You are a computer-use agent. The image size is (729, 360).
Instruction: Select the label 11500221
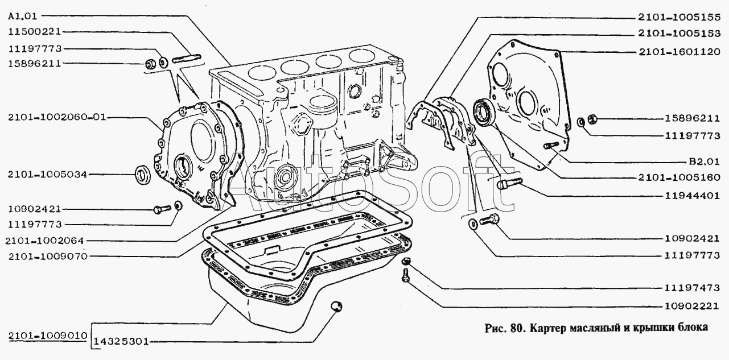[x=34, y=32]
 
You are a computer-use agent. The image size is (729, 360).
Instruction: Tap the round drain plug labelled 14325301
[x=337, y=307]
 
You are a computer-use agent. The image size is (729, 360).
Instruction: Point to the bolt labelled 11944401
[x=509, y=183]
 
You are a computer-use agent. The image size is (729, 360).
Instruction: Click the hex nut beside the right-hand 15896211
[x=592, y=119]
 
